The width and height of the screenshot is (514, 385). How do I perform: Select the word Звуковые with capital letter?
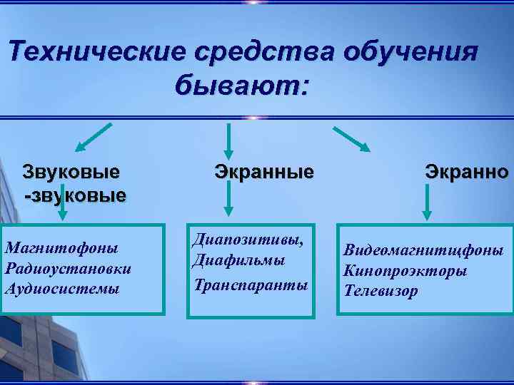tap(71, 172)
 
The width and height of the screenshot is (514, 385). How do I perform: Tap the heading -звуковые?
tap(75, 194)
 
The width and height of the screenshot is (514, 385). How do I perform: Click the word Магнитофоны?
tap(61, 248)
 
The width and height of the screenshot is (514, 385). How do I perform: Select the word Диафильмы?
tap(238, 261)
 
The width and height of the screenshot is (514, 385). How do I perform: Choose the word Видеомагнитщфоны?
tap(423, 251)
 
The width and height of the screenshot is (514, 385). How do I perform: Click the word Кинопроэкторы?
tap(405, 271)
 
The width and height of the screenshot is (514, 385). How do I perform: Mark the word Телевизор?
tap(381, 291)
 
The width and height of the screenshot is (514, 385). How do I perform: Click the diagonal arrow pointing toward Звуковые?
tap(94, 138)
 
